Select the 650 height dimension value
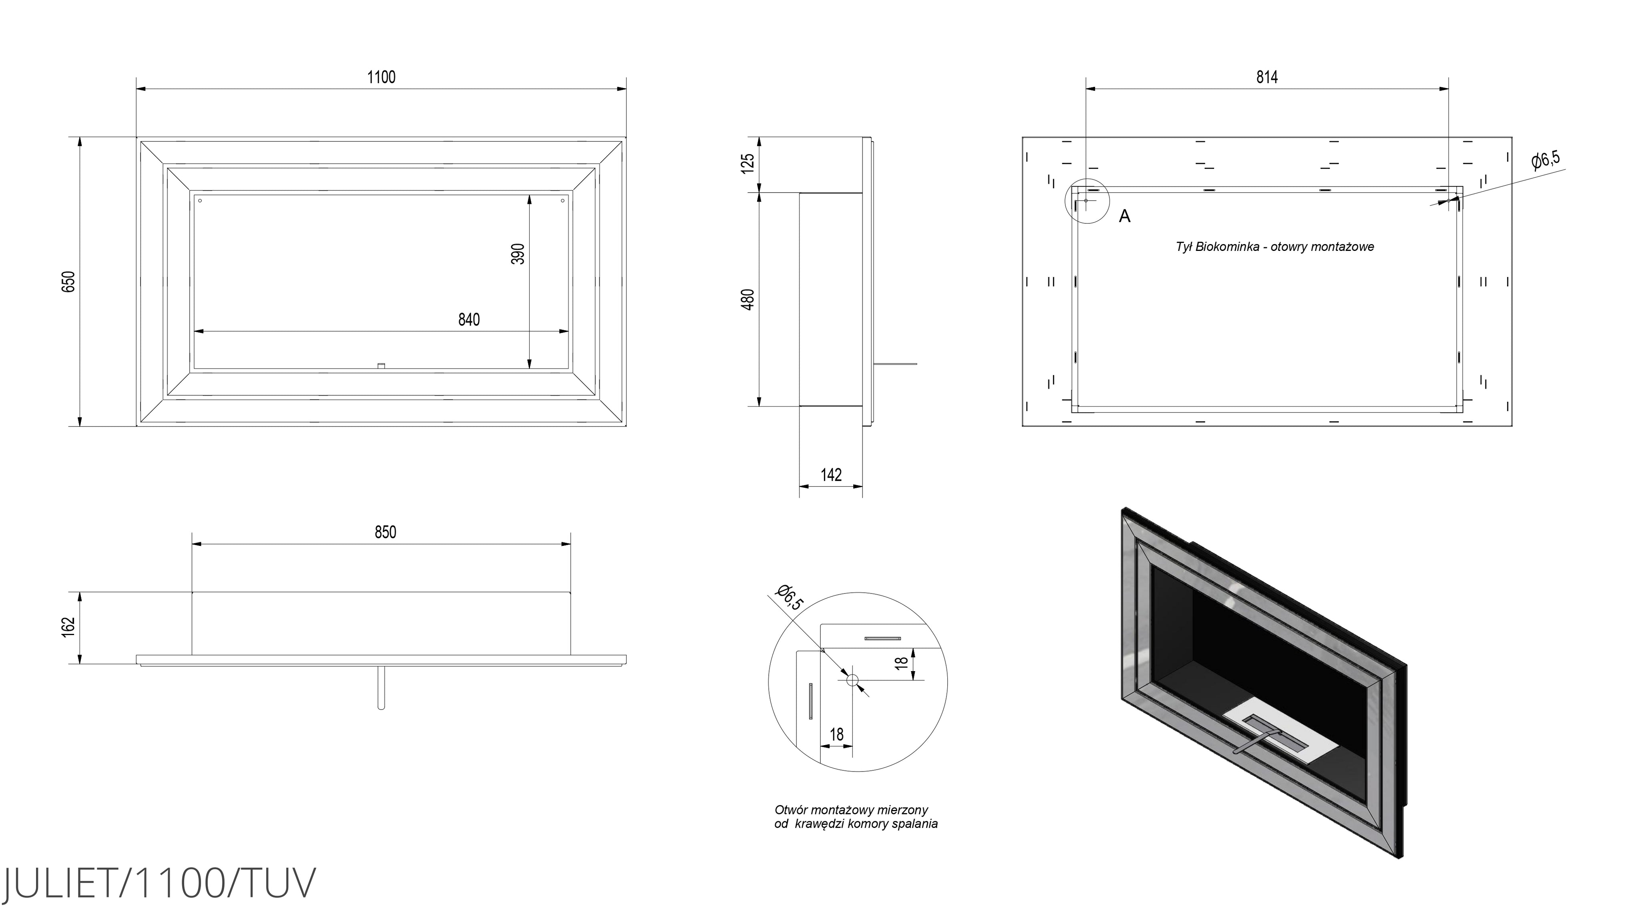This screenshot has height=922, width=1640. [69, 281]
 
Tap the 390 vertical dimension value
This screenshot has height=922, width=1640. [519, 253]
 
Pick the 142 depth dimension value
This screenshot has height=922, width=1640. [831, 475]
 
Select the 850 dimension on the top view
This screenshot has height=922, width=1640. [385, 532]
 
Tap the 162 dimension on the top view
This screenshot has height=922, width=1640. [69, 626]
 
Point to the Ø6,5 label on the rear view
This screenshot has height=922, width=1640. [1546, 160]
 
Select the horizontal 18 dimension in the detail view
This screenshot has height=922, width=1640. [836, 734]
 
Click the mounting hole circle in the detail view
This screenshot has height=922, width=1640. [852, 679]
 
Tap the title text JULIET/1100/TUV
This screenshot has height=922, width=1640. [159, 883]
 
